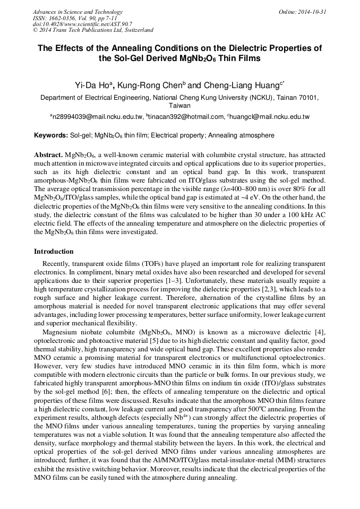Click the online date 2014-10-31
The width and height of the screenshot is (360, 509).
click(x=313, y=12)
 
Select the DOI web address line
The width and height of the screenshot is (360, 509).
click(x=82, y=24)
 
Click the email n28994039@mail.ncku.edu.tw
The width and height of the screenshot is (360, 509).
click(x=97, y=117)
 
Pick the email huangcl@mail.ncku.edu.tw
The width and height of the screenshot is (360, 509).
click(x=270, y=117)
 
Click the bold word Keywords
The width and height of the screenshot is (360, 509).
click(x=50, y=135)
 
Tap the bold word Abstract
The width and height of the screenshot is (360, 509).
click(x=48, y=154)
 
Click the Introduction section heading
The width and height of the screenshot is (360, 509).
click(x=54, y=251)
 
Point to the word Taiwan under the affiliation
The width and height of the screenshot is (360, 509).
click(x=179, y=106)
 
